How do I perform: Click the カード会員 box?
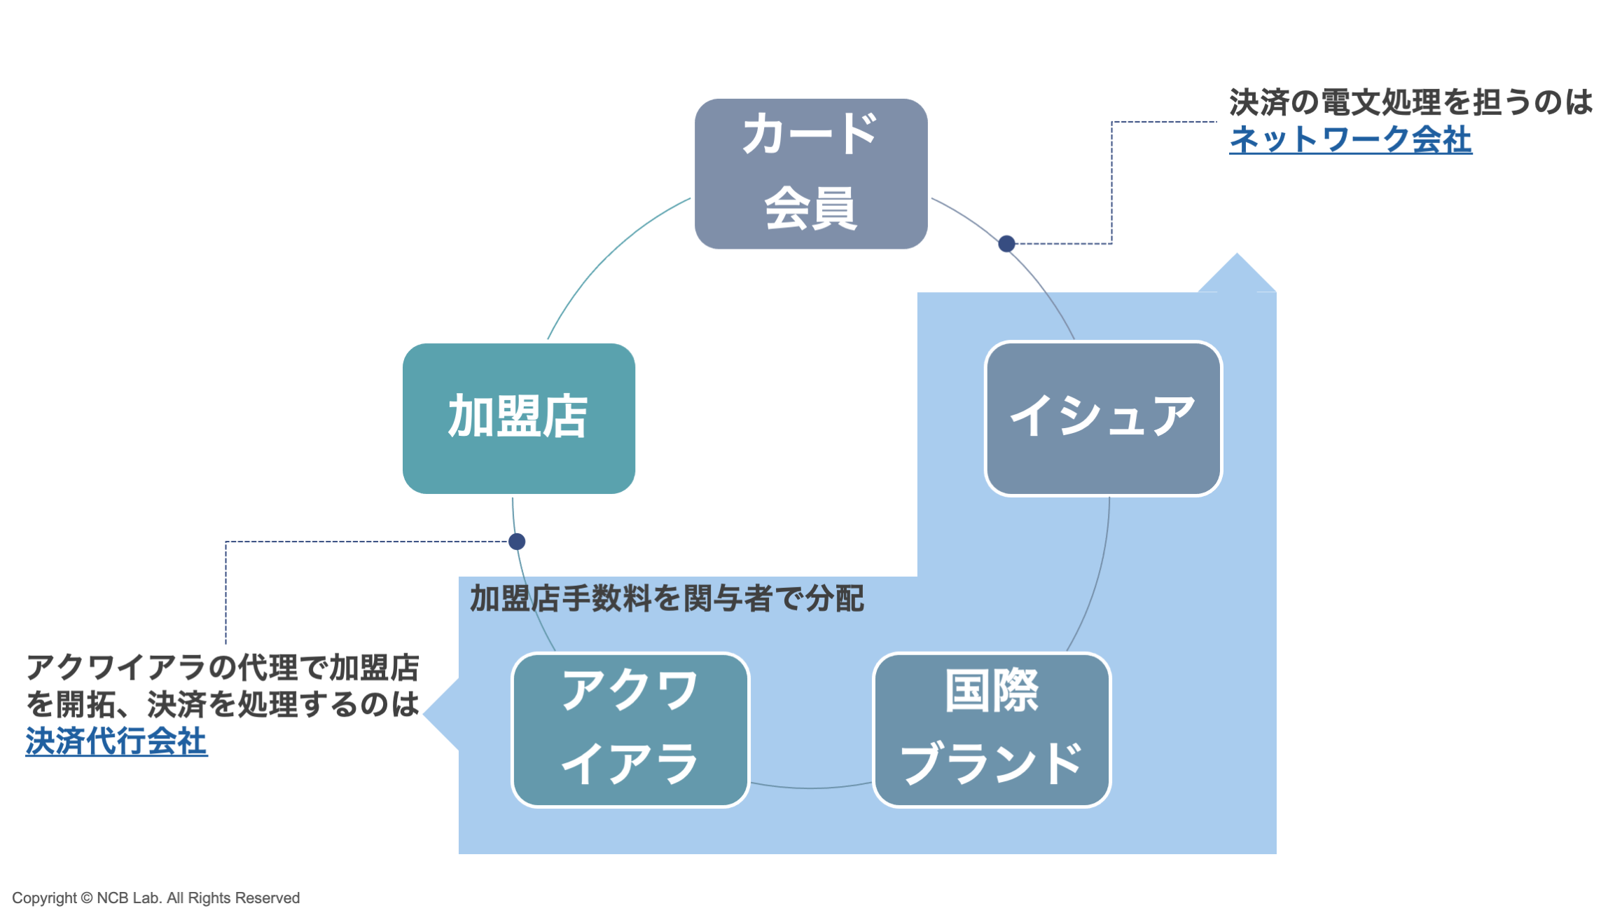[810, 174]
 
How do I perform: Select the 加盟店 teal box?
[518, 418]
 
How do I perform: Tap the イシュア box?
[1103, 418]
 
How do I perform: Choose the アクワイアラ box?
[630, 729]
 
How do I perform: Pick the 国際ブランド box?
[992, 729]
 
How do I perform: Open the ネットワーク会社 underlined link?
[1350, 139]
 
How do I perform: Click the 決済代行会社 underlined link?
[116, 741]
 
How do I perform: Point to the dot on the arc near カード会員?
[1006, 244]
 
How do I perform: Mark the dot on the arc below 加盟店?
[517, 542]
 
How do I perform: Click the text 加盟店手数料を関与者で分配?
[667, 599]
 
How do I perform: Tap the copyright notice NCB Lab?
[155, 898]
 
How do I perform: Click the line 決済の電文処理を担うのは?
[1410, 102]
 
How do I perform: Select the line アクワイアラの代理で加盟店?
[223, 667]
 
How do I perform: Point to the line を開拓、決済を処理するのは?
[223, 704]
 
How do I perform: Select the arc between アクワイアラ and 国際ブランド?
[810, 788]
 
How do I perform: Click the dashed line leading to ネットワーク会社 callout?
[1111, 182]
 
